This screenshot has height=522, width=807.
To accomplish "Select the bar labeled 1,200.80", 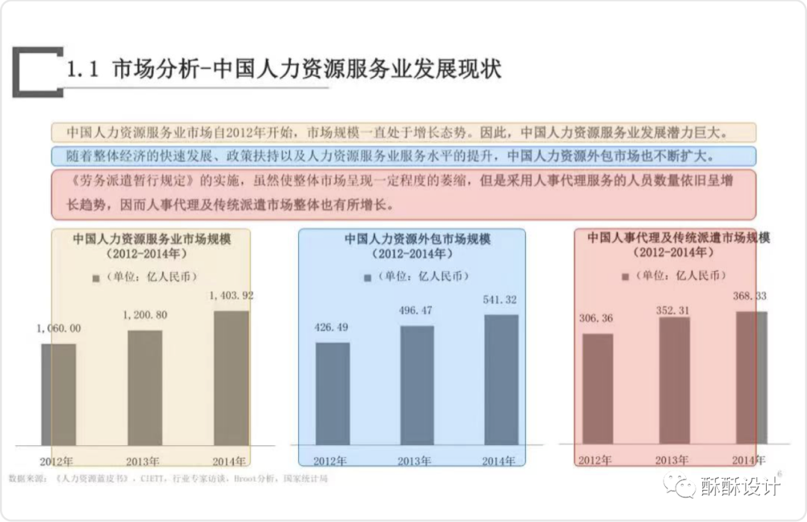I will pyautogui.click(x=145, y=388).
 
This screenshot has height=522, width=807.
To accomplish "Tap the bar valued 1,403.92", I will pyautogui.click(x=232, y=378).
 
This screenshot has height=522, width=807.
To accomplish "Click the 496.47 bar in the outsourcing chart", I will pyautogui.click(x=417, y=385).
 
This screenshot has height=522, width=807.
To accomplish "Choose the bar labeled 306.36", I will pyautogui.click(x=597, y=388).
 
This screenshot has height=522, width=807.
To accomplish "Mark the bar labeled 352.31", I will pyautogui.click(x=674, y=381).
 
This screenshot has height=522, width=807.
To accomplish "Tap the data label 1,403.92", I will pyautogui.click(x=232, y=296).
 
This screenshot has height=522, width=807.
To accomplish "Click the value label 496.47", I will pyautogui.click(x=417, y=310).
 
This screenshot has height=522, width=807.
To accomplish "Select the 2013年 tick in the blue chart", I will pyautogui.click(x=417, y=461).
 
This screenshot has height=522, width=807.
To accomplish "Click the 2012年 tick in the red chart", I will pyautogui.click(x=596, y=459).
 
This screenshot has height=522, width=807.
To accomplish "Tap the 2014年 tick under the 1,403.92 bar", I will pyautogui.click(x=229, y=460).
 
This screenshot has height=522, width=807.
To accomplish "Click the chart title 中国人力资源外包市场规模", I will pyautogui.click(x=412, y=240).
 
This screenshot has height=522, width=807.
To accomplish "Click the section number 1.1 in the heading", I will pyautogui.click(x=83, y=70).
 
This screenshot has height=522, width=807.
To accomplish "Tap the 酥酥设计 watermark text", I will pyautogui.click(x=740, y=486).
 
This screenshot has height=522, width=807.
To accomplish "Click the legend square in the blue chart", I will pyautogui.click(x=368, y=277).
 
